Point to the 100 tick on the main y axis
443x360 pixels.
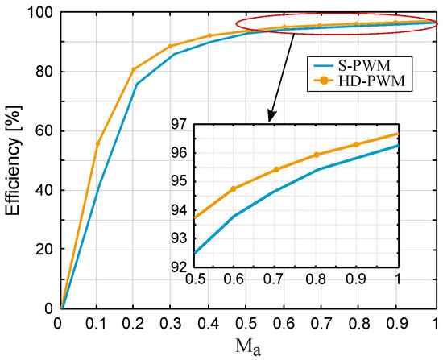click(x=40, y=13)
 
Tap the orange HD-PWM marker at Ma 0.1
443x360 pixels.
click(x=97, y=143)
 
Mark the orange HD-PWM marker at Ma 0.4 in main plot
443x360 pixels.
click(x=209, y=35)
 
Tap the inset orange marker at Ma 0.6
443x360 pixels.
click(x=234, y=188)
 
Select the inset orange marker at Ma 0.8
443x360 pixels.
click(x=317, y=155)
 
